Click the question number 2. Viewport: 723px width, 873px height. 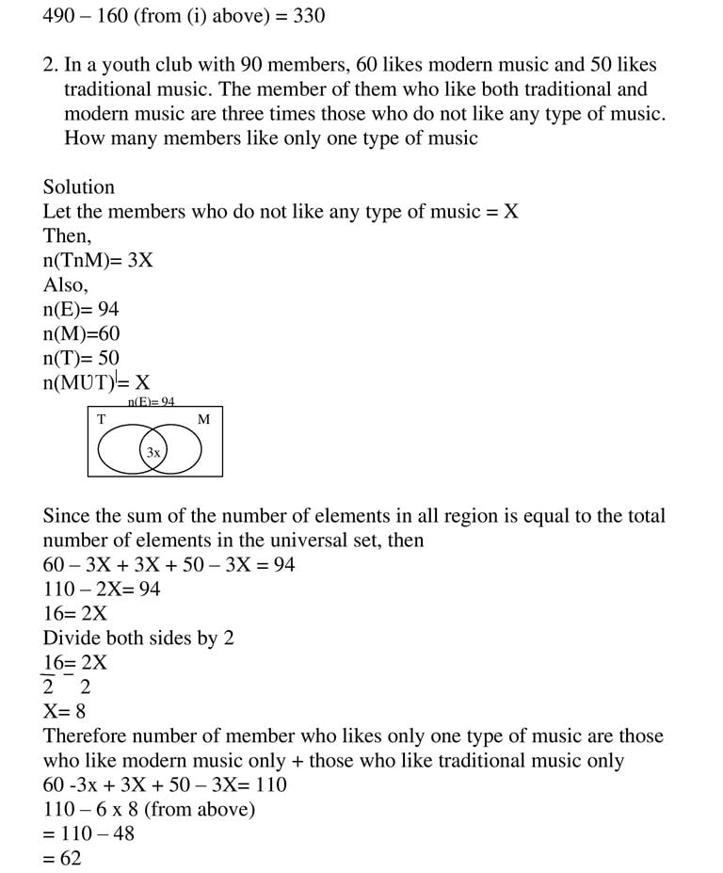50,65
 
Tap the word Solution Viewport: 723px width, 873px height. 79,186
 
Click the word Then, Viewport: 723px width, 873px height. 68,235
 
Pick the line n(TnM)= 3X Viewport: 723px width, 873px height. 98,260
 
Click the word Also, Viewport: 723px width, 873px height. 66,284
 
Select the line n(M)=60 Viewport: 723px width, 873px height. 82,333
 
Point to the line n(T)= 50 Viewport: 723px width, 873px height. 82,358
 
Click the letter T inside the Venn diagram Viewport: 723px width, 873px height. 102,419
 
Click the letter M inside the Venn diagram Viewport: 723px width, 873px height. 203,419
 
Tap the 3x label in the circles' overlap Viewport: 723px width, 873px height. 153,453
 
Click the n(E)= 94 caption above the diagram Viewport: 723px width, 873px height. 152,402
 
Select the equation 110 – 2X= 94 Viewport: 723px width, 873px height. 102,589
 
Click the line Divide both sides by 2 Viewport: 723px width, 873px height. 138,638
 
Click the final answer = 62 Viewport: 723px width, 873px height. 62,858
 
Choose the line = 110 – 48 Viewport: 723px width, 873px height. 88,833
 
